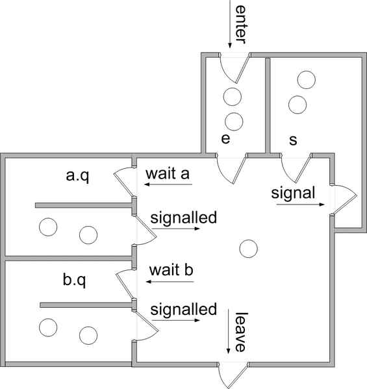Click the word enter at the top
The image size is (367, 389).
(x=240, y=25)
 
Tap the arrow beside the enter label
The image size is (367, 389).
(x=230, y=24)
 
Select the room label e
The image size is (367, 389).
(x=225, y=139)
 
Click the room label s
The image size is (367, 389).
(x=293, y=140)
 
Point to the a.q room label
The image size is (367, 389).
(x=77, y=176)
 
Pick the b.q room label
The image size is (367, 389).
(x=74, y=280)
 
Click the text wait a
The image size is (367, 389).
(x=168, y=173)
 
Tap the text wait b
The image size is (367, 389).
(x=171, y=270)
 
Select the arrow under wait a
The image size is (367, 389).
(x=168, y=184)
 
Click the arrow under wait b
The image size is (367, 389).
(x=170, y=282)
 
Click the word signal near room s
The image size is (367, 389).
(x=293, y=194)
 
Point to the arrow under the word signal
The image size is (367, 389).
(x=301, y=205)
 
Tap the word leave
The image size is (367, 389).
(x=241, y=332)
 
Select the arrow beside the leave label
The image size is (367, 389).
(x=228, y=331)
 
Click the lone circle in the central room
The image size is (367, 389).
(x=248, y=249)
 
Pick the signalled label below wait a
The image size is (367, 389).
(x=184, y=218)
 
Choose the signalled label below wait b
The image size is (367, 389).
(x=184, y=309)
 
